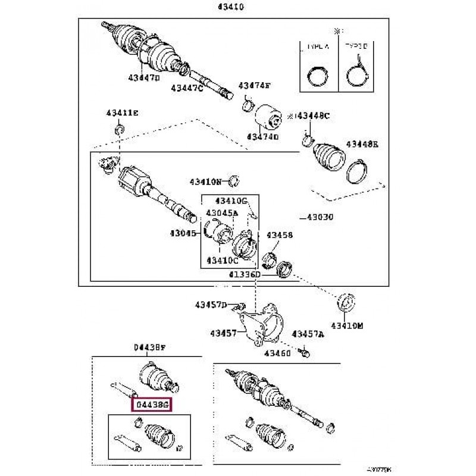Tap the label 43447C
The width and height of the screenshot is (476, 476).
(x=187, y=87)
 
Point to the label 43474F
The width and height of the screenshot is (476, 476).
(x=255, y=86)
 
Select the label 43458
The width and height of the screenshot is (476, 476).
(x=279, y=235)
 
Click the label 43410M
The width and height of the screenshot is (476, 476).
(x=347, y=325)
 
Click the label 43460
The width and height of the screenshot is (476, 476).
(x=277, y=353)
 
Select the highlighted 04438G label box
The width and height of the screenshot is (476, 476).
(x=154, y=405)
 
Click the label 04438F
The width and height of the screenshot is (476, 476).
(x=145, y=347)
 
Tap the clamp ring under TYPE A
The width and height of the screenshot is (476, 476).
(x=316, y=76)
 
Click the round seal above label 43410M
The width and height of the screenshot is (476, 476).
(x=346, y=301)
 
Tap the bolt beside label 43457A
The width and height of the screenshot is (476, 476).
(x=305, y=353)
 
